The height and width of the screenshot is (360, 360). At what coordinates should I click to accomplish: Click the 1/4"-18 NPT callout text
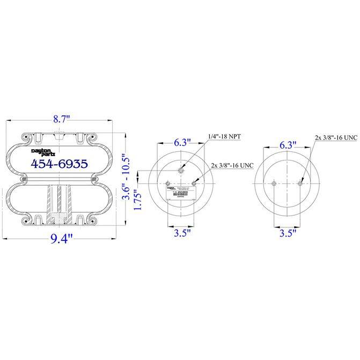(x=223, y=137)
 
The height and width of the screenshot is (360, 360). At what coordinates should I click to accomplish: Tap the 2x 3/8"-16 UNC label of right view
(x=335, y=137)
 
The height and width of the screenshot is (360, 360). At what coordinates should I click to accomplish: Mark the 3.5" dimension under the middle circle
(x=181, y=233)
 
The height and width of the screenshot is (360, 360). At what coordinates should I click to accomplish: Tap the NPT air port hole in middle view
(x=181, y=171)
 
